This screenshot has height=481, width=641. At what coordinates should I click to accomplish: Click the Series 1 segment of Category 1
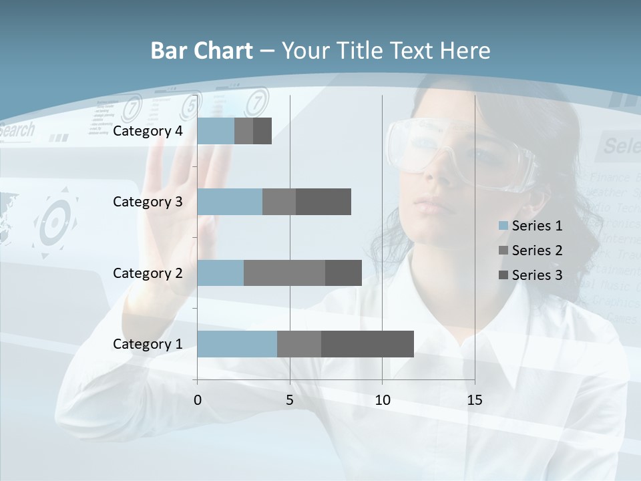pyautogui.click(x=237, y=344)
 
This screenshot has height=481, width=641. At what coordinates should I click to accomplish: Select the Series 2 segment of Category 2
pyautogui.click(x=284, y=273)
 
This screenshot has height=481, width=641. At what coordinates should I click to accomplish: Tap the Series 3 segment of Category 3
pyautogui.click(x=323, y=202)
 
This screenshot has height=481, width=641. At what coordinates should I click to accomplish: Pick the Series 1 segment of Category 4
pyautogui.click(x=216, y=131)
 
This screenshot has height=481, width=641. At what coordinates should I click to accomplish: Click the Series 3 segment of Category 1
pyautogui.click(x=367, y=344)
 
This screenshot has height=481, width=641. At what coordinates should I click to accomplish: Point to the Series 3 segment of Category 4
pyautogui.click(x=262, y=131)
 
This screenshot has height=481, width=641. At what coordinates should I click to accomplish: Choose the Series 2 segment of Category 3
pyautogui.click(x=279, y=202)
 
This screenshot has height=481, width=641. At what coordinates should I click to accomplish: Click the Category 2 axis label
pyautogui.click(x=148, y=273)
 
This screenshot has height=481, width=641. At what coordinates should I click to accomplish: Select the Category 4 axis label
pyautogui.click(x=148, y=131)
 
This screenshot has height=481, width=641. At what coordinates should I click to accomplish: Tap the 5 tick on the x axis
pyautogui.click(x=290, y=400)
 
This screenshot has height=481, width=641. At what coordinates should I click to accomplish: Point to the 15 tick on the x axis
pyautogui.click(x=474, y=400)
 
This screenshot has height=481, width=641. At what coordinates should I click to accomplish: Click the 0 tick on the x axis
pyautogui.click(x=198, y=400)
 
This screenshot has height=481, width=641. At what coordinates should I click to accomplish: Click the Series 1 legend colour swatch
pyautogui.click(x=503, y=226)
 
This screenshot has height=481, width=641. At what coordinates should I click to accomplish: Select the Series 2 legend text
pyautogui.click(x=537, y=251)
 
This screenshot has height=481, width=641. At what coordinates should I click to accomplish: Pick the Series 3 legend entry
pyautogui.click(x=531, y=275)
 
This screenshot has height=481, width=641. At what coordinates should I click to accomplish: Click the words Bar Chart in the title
pyautogui.click(x=202, y=51)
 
